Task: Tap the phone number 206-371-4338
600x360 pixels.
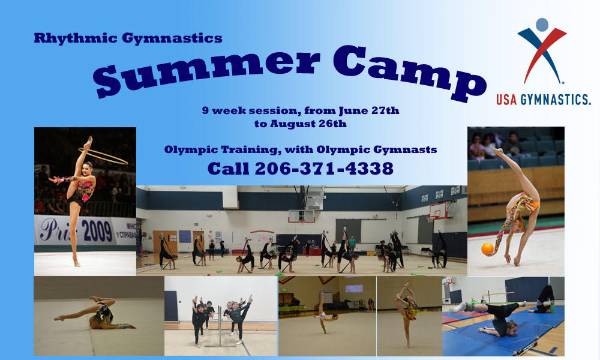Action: [324, 169]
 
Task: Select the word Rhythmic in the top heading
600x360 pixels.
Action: [76, 38]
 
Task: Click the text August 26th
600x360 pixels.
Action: [308, 124]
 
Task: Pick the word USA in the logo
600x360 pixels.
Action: [506, 100]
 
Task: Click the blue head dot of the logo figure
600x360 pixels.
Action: [542, 25]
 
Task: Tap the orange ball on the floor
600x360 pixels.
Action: [487, 249]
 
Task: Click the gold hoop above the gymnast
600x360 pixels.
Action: [103, 155]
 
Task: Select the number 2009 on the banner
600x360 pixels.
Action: [97, 232]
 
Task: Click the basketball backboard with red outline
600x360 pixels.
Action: [438, 211]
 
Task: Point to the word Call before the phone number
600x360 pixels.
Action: [228, 169]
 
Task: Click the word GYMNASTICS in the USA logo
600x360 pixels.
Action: [555, 100]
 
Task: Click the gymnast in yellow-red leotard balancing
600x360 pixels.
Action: [408, 312]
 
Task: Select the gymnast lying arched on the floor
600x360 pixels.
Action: [95, 314]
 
